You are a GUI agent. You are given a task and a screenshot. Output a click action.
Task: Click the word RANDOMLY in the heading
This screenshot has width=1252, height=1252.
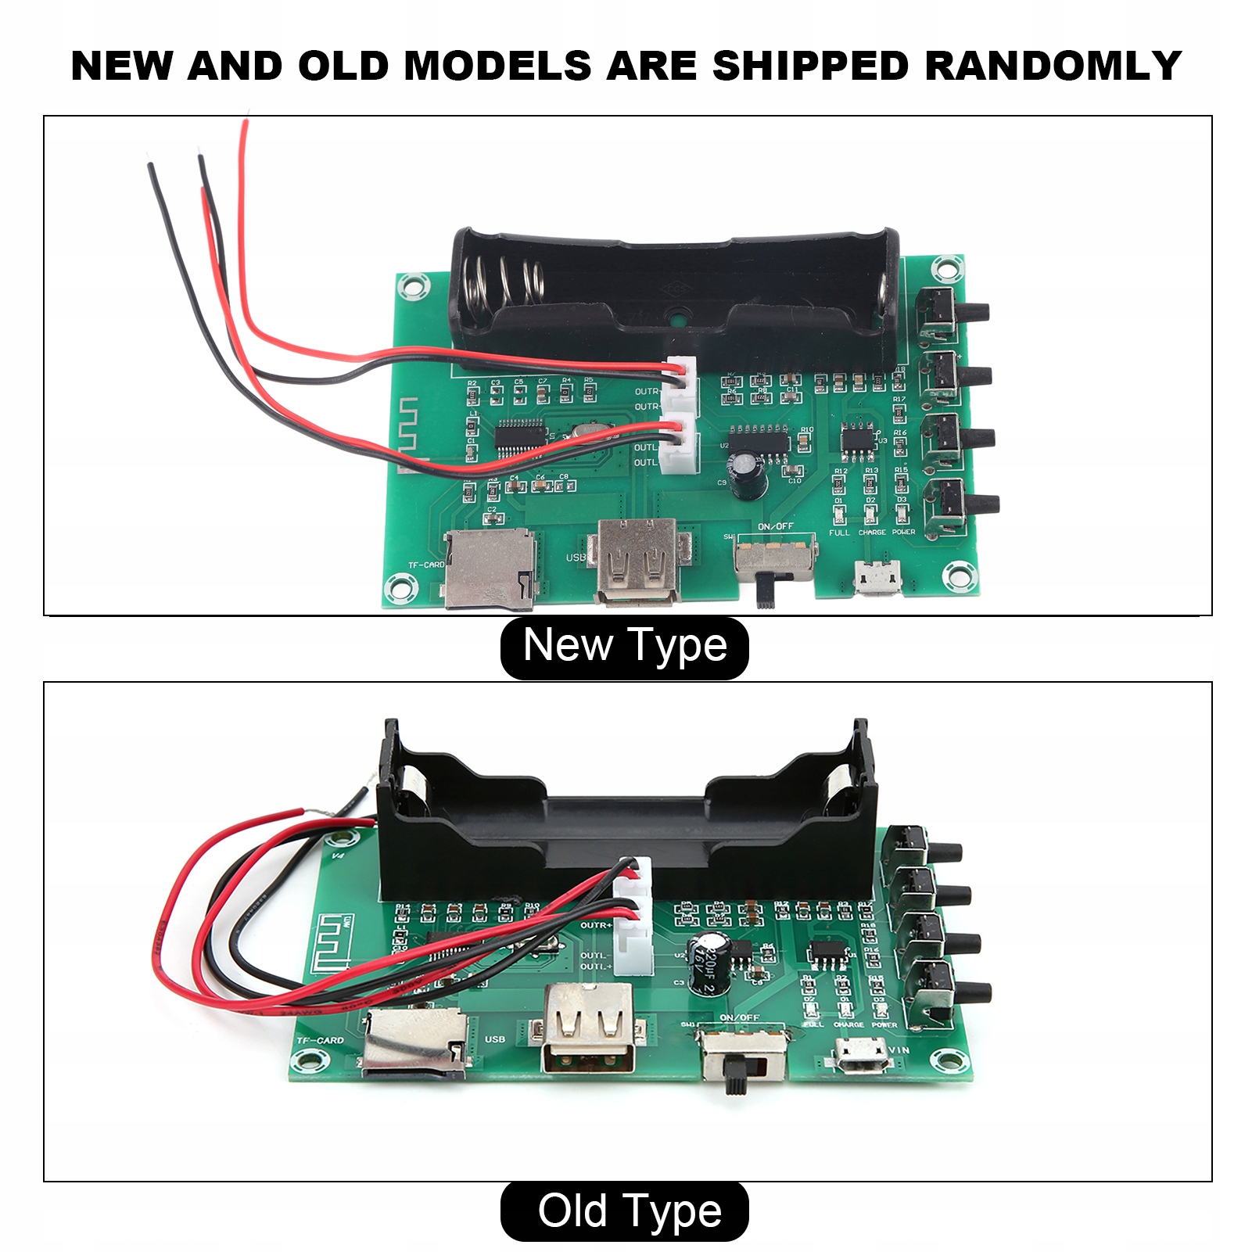[1053, 66]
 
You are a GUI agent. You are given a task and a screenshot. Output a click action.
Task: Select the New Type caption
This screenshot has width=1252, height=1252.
[624, 646]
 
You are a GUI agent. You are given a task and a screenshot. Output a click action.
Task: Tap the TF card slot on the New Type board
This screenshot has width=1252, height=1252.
[490, 567]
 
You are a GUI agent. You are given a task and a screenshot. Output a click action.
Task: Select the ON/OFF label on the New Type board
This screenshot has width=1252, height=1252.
[775, 526]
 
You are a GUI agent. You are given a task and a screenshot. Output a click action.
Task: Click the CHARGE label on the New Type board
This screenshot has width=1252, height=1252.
[872, 533]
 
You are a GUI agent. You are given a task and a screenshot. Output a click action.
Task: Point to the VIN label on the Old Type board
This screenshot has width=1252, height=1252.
[899, 1049]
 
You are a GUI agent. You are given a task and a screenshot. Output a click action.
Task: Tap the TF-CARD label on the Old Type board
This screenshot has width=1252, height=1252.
[320, 1040]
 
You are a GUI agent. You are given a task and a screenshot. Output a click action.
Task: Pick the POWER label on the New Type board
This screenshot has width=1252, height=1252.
[903, 532]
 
